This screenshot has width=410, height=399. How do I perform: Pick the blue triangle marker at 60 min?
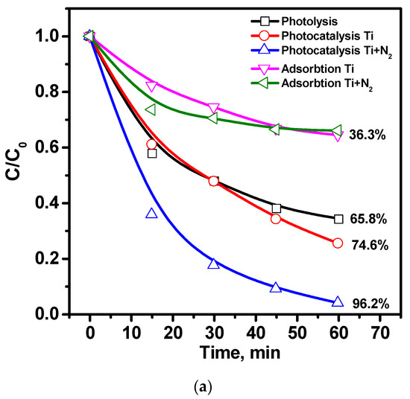[x=338, y=301]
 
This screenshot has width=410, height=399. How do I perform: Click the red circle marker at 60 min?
[x=338, y=243]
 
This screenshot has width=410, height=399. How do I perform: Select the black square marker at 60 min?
[x=338, y=219]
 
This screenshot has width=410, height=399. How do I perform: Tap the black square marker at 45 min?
[x=276, y=208]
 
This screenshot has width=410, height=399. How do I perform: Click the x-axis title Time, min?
[x=234, y=354]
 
